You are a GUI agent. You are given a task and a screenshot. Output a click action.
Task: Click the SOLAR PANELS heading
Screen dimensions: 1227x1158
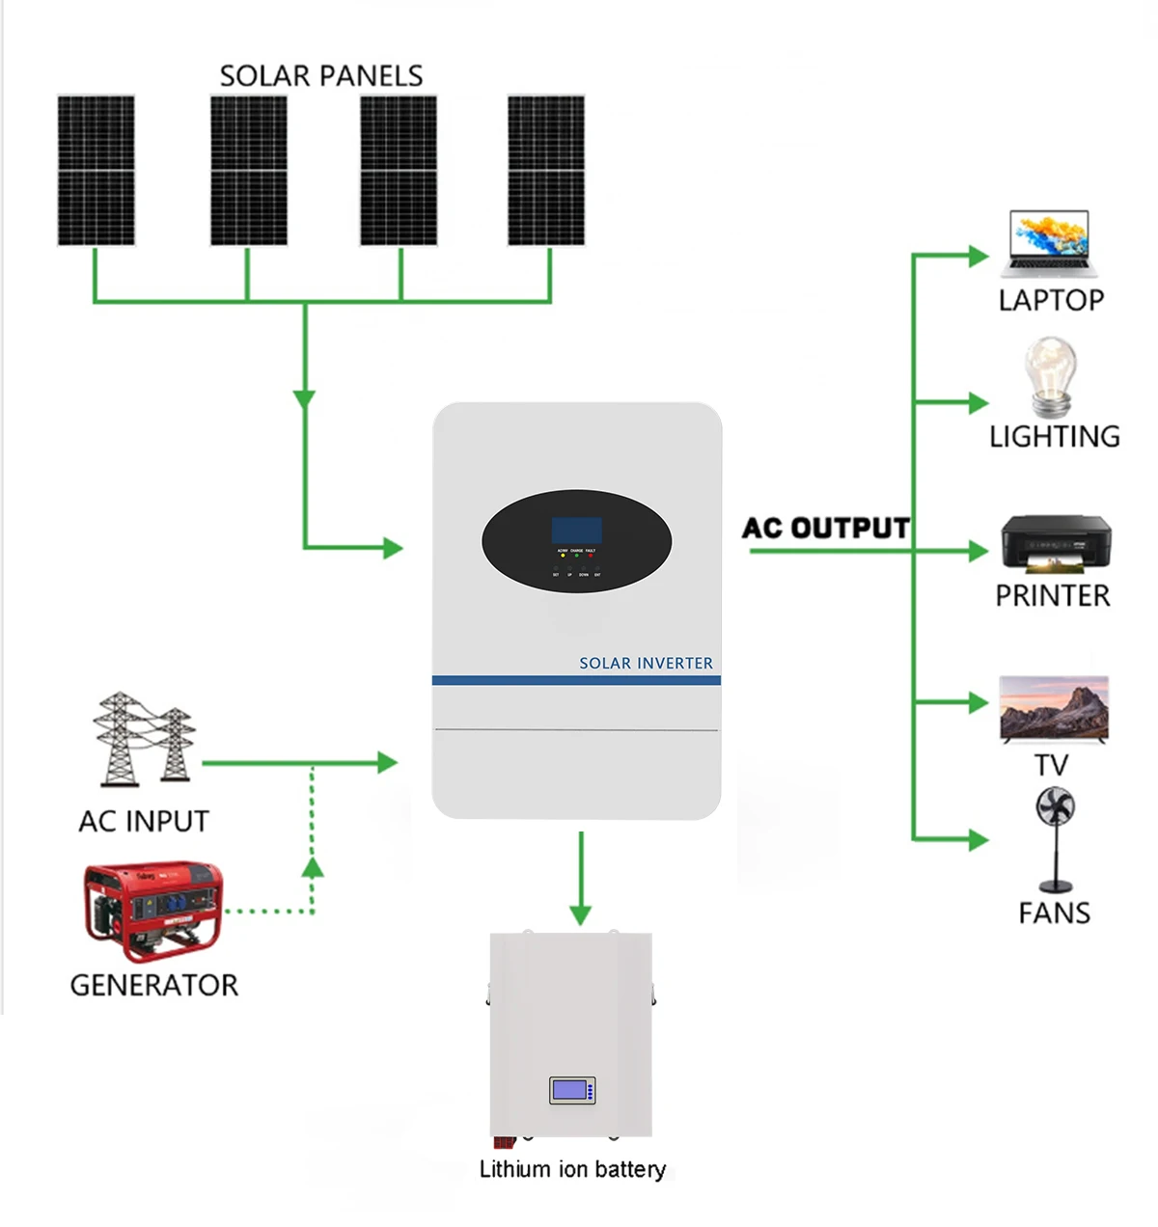321,75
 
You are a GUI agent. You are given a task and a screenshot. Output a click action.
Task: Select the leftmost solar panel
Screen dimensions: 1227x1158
96,170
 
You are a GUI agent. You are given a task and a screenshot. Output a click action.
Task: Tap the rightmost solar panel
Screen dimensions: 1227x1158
546,170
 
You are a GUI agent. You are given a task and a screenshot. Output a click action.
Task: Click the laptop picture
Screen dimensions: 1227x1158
1050,243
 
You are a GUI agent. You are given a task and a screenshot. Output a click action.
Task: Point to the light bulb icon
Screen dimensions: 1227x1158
1050,375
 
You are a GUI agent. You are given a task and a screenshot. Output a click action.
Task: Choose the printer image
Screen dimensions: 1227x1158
1055,544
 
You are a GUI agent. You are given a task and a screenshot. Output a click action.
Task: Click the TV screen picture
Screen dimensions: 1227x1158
1054,709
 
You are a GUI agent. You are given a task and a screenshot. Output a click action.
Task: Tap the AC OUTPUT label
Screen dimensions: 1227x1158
826,528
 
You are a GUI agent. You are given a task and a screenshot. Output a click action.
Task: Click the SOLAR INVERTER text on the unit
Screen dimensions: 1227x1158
646,663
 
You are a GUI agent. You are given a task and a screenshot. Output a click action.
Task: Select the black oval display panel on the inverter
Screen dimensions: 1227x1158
577,541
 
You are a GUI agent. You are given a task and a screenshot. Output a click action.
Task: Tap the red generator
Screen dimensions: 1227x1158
152,911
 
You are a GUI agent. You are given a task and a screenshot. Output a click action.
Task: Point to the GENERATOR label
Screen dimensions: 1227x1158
153,985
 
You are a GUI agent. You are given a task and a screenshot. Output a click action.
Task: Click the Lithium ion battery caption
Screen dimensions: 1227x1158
572,1169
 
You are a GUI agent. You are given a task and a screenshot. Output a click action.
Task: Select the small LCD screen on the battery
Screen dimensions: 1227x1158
571,1090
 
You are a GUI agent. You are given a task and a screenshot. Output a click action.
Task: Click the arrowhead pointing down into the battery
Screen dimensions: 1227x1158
580,914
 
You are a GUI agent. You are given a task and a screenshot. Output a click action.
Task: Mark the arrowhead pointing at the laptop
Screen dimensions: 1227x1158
979,256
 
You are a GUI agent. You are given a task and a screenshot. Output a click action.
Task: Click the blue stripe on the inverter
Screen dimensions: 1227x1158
576,680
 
